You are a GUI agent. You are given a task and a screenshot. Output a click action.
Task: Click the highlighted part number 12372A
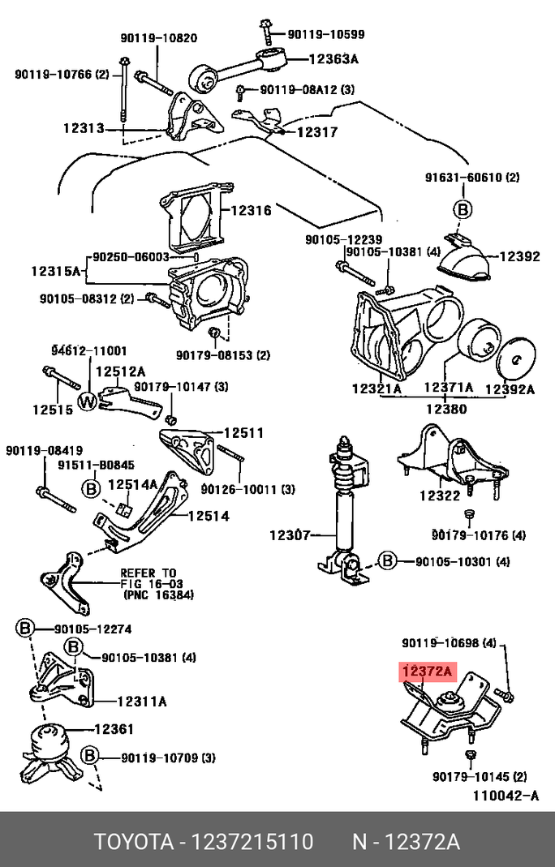pos(426,672)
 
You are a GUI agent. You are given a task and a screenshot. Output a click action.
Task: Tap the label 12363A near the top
pos(333,58)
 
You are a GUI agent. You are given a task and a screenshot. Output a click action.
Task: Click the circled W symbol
pos(88,401)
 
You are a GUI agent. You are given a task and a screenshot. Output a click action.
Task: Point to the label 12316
pos(251,210)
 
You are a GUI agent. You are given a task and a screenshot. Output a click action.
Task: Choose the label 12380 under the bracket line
pos(446,410)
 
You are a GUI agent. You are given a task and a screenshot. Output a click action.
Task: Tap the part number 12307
pos(290,535)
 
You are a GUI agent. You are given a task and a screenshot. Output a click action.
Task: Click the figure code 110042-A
pos(506,796)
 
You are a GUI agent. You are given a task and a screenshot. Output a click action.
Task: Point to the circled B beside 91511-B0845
pos(91,488)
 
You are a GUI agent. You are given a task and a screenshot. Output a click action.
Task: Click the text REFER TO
pos(148,572)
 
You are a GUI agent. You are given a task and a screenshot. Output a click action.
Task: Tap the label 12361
pos(114,729)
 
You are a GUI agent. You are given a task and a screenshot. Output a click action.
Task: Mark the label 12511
pos(244,433)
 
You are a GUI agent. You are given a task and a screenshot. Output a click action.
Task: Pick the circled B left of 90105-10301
pos(388,561)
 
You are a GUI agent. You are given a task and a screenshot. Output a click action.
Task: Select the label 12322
pos(440,496)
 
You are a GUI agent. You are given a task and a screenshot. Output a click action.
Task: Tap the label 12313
pos(83,127)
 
